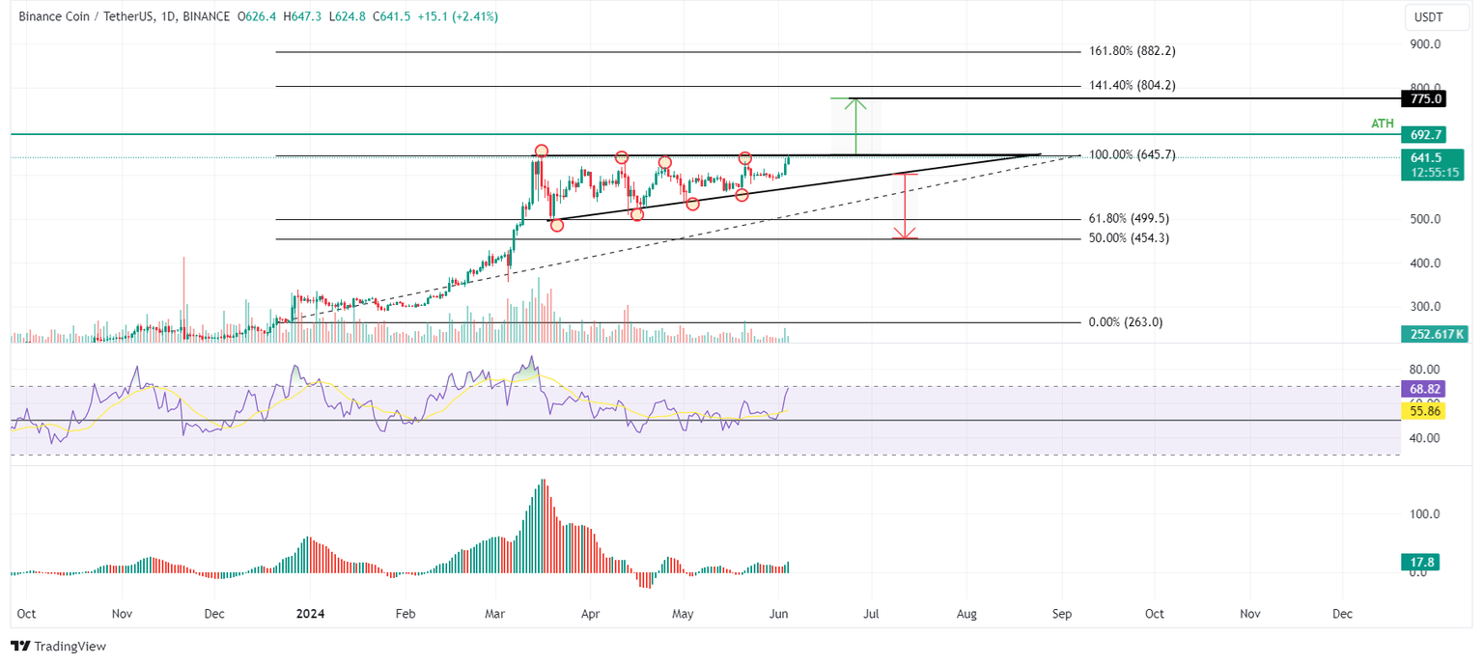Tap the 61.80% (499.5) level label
1129,219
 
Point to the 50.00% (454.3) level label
1129,238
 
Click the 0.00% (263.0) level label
1125,322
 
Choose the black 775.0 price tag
1425,98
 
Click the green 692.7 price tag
1425,135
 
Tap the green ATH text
1384,124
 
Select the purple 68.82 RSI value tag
1424,389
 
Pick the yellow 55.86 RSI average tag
1424,411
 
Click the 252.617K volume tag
1433,334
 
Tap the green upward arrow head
854,101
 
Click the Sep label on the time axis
1062,614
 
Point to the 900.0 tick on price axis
1425,44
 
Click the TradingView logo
59,646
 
